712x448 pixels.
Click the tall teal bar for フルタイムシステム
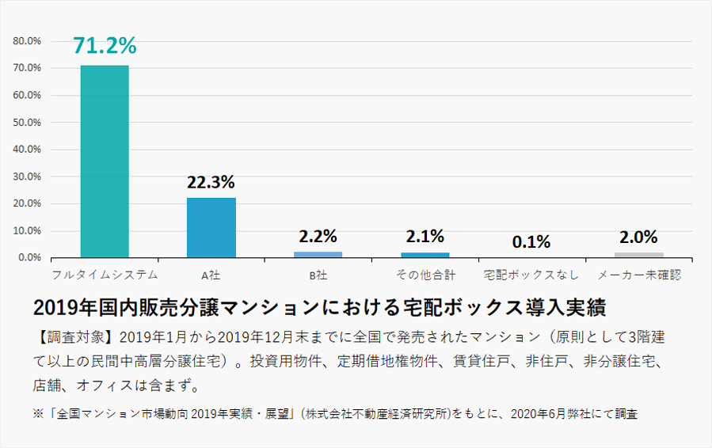point(105,161)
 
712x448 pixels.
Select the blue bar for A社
point(211,227)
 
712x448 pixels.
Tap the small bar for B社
point(318,254)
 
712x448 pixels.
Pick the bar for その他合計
point(425,255)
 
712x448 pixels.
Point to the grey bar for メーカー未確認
point(638,255)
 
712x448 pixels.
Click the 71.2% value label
point(105,46)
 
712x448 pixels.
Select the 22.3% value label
point(211,182)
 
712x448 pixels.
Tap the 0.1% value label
point(531,242)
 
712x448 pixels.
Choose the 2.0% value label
point(638,237)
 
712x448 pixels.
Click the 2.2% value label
point(318,236)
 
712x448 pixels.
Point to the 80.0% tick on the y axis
point(28,40)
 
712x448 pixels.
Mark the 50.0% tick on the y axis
point(28,122)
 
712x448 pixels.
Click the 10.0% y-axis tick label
point(28,230)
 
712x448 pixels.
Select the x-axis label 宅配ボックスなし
point(531,275)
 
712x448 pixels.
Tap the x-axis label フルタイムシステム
point(105,275)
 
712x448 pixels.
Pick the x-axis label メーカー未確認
point(638,275)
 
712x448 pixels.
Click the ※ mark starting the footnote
point(38,413)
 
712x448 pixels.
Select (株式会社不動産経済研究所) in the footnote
point(377,413)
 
